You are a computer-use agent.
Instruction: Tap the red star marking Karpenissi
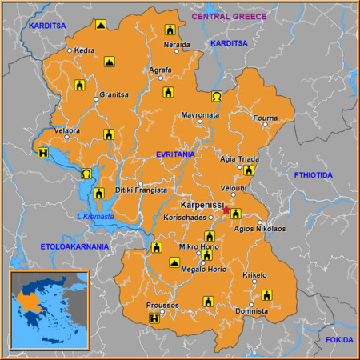click(226, 210)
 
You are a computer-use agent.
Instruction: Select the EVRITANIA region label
click(176, 156)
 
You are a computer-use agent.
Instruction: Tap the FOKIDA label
click(338, 339)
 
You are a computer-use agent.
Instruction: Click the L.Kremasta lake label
click(95, 217)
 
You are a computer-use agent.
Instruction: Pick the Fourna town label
click(265, 119)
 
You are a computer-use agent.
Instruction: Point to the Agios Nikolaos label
click(258, 229)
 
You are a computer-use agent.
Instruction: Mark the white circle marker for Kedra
click(70, 50)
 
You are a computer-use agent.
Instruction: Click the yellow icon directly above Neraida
click(169, 30)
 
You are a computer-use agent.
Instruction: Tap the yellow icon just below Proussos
click(154, 320)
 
